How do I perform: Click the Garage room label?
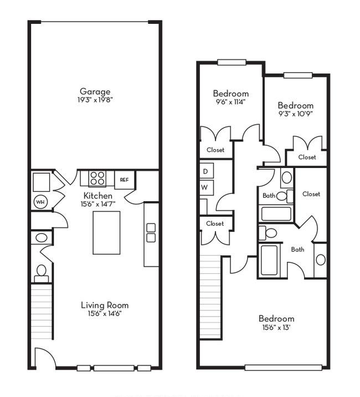click(95, 91)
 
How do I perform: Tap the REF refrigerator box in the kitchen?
click(125, 180)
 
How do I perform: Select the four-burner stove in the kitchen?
click(97, 178)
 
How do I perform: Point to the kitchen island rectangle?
click(106, 233)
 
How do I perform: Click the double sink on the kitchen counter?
click(151, 233)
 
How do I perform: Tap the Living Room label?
click(105, 305)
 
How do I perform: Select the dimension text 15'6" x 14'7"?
click(98, 204)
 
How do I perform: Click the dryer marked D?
click(207, 171)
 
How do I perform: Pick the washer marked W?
click(207, 187)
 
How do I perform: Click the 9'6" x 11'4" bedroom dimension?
click(231, 102)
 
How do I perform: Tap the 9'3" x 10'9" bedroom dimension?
click(296, 114)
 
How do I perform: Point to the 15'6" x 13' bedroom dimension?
click(276, 327)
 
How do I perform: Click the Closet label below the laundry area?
click(215, 223)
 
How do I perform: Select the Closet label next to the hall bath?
click(311, 194)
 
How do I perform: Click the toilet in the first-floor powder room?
click(42, 273)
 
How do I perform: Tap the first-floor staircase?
click(42, 312)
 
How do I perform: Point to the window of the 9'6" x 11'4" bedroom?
click(232, 62)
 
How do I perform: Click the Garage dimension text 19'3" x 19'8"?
click(95, 100)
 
